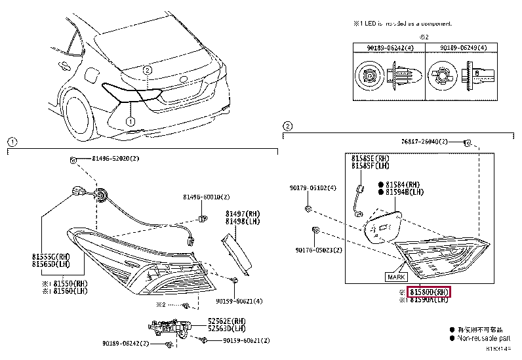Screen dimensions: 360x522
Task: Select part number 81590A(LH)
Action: coord(430,300)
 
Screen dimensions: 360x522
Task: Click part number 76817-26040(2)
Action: coord(424,142)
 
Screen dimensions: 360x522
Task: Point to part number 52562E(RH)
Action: coord(227,321)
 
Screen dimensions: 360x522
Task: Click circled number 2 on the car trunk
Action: coord(148,70)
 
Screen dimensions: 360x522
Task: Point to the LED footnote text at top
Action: coord(403,23)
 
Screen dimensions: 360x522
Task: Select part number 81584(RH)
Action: coord(403,184)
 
